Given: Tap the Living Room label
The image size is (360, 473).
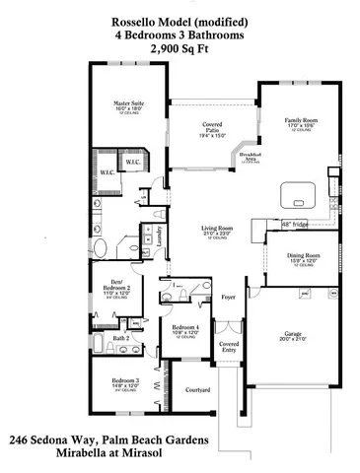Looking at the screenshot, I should [x=208, y=229].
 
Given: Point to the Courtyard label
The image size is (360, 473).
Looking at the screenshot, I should [x=197, y=389].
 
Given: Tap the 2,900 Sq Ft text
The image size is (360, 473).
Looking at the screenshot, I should [x=180, y=46].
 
